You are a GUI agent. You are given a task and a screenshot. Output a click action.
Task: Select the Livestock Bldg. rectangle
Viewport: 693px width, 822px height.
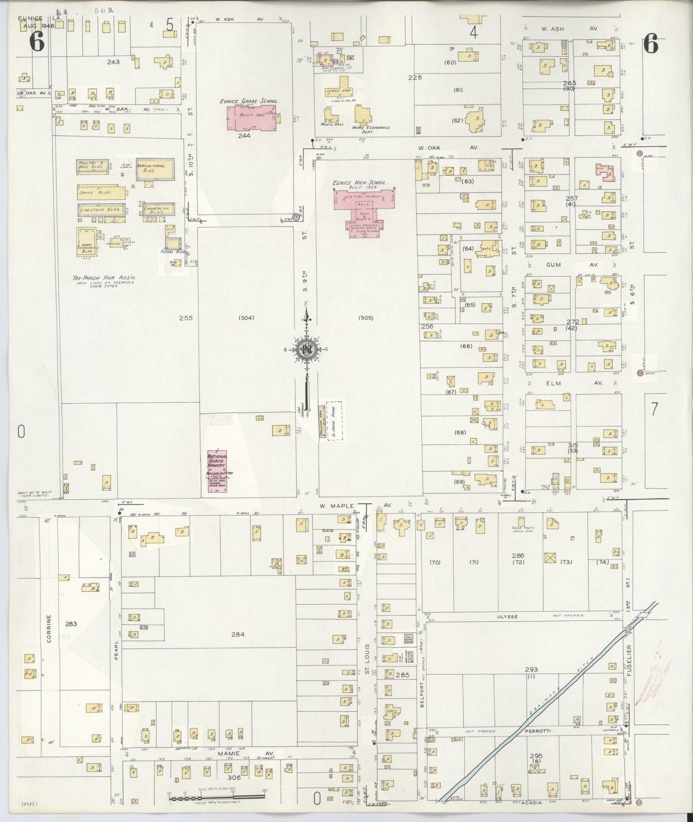101,210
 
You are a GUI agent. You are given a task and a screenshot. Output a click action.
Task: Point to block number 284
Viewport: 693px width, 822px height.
238,634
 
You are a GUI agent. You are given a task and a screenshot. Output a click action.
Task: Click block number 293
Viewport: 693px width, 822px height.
531,669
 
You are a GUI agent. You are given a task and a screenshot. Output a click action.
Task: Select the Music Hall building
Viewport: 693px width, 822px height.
330,116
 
